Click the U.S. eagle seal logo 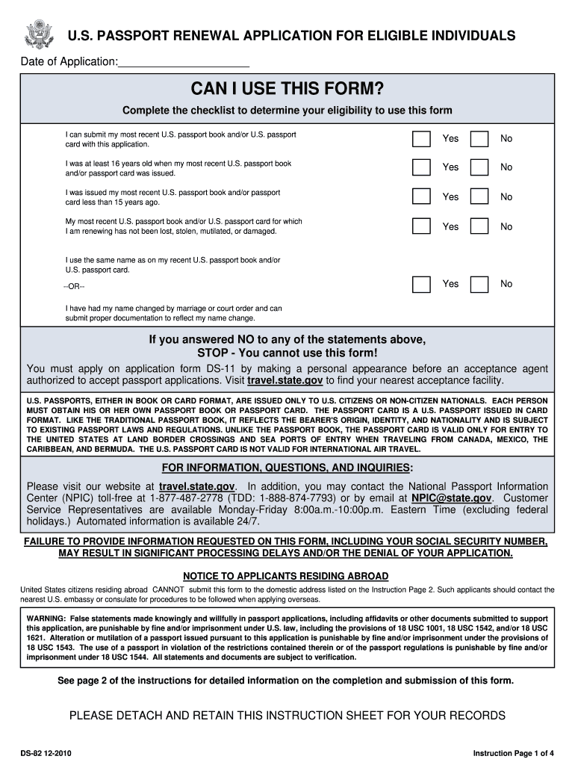click(x=40, y=35)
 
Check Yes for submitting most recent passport click(x=422, y=138)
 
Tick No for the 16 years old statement click(x=480, y=167)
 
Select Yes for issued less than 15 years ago click(x=422, y=196)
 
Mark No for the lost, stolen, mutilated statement click(x=480, y=226)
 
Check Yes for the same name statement click(x=422, y=284)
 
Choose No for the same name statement click(x=480, y=284)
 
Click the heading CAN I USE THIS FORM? click(x=287, y=90)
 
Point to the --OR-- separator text click(x=75, y=287)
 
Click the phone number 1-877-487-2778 click(x=187, y=498)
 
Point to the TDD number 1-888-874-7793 click(x=312, y=498)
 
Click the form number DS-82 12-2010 click(x=46, y=753)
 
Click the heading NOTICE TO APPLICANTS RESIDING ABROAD click(x=286, y=576)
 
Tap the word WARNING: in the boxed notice click(x=46, y=619)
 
